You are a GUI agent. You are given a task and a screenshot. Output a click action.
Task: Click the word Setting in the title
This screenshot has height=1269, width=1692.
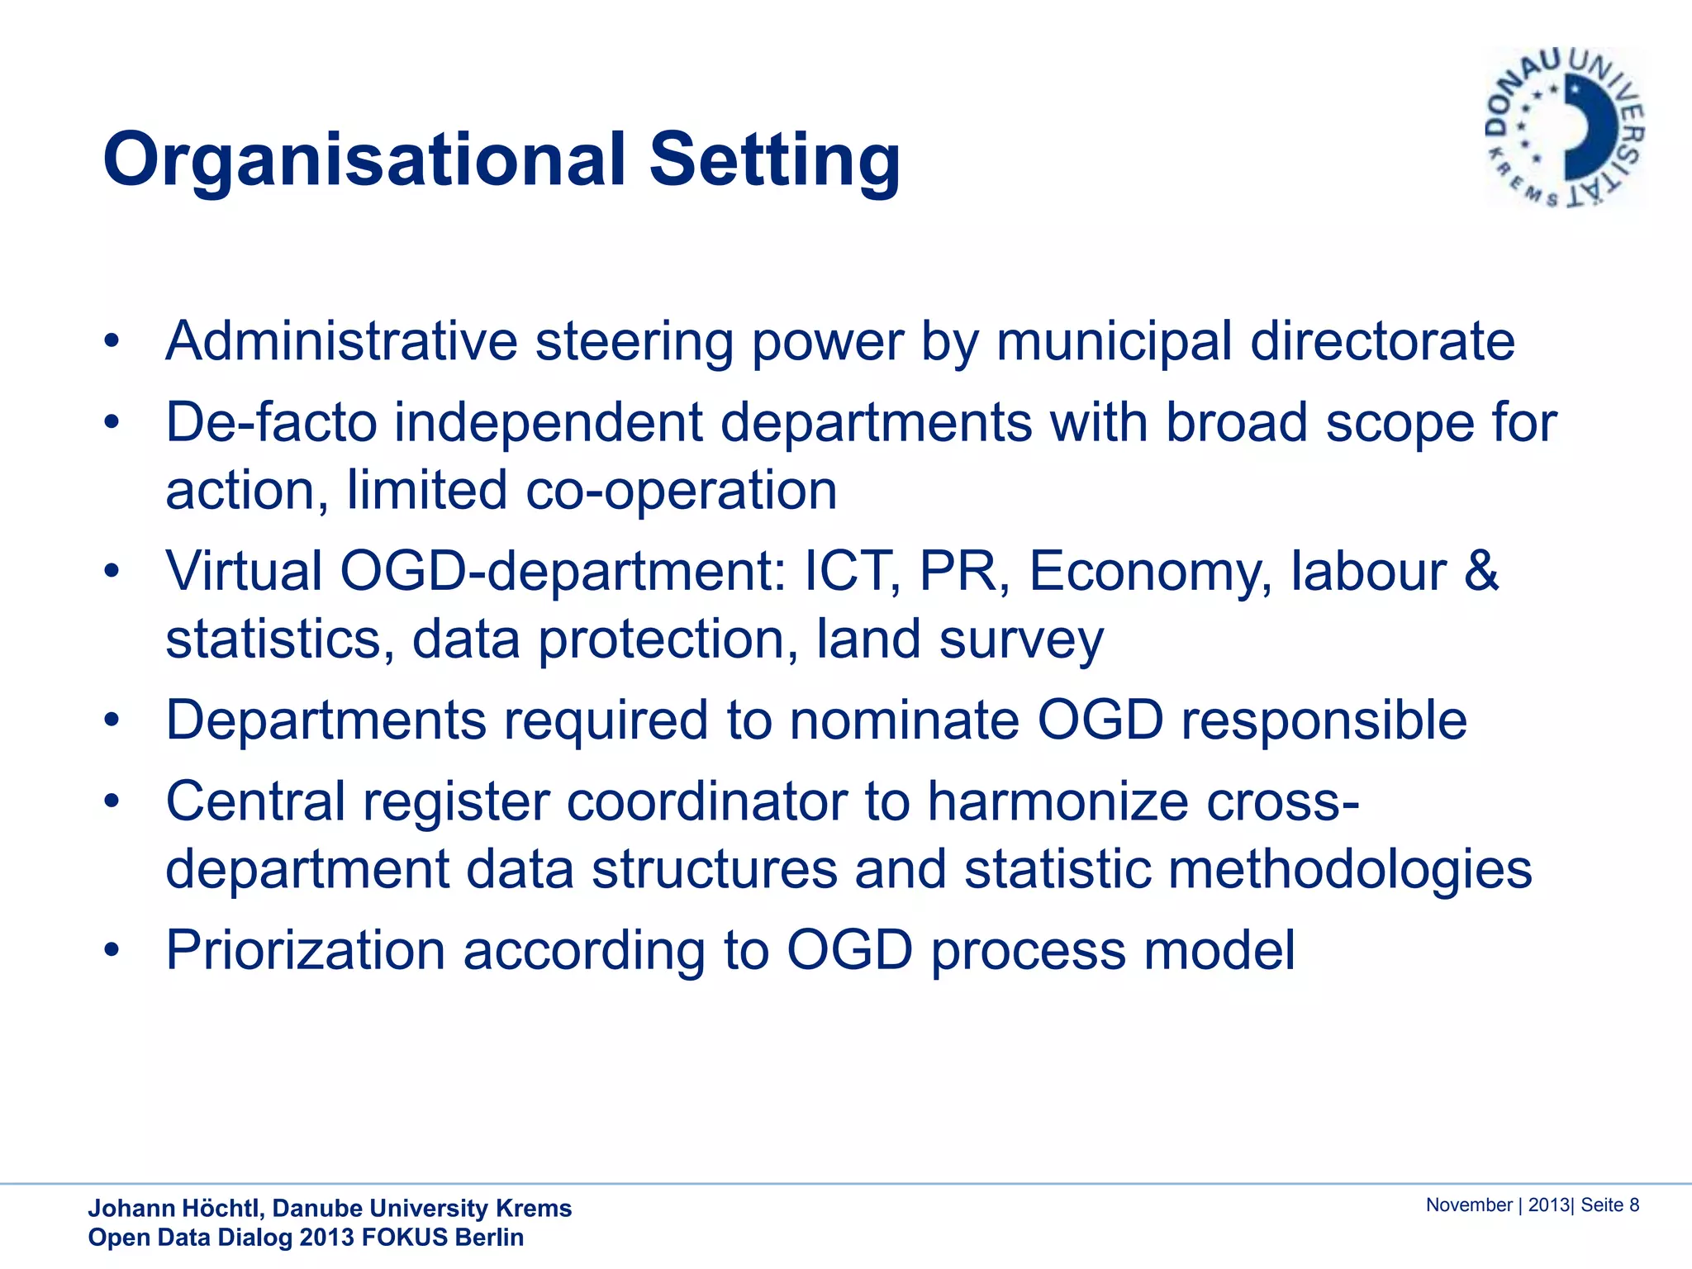click(x=774, y=161)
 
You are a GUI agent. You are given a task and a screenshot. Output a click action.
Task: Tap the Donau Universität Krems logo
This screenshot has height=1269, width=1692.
click(x=1565, y=128)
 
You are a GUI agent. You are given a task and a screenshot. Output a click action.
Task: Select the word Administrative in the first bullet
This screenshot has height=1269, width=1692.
click(x=341, y=341)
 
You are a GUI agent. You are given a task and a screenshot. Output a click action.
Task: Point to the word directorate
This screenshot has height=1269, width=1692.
click(x=1382, y=341)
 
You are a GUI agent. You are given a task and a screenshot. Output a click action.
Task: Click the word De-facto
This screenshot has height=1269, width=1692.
click(x=270, y=423)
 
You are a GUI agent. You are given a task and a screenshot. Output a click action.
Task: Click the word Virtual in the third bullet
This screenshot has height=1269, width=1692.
click(x=244, y=572)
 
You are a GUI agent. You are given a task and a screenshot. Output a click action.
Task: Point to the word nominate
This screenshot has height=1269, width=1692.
click(x=904, y=720)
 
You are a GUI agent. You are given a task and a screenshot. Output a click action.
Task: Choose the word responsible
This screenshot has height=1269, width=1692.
click(x=1324, y=720)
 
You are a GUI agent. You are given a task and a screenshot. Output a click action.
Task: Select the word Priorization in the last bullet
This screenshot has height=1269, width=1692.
click(x=306, y=951)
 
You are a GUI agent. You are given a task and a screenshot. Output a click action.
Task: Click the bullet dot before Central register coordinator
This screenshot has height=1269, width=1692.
click(x=112, y=801)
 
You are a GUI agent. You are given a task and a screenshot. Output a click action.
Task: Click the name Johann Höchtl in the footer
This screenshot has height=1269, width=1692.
click(x=175, y=1209)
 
